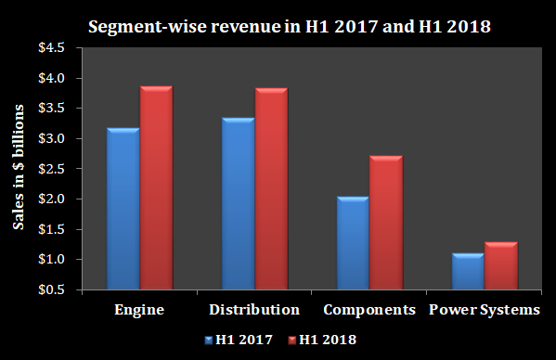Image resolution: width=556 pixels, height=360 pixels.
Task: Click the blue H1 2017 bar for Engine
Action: tap(123, 209)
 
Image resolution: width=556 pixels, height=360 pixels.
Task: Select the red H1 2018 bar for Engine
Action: tap(156, 188)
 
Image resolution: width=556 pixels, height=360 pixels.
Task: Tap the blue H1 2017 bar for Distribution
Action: tap(239, 204)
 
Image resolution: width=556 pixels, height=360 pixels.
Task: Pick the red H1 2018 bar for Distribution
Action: tap(271, 189)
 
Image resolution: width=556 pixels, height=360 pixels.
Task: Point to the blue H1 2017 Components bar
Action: tap(353, 243)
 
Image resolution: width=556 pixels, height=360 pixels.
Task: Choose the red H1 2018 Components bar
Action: tap(385, 223)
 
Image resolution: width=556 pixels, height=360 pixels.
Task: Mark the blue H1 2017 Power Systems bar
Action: tap(468, 271)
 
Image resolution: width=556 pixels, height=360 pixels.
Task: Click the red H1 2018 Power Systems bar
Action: tap(500, 265)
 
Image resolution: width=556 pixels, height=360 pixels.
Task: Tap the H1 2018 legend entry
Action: tap(322, 340)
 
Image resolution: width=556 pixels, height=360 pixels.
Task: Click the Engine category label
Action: tap(139, 309)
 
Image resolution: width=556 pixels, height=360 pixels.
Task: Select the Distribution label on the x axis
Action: tap(254, 309)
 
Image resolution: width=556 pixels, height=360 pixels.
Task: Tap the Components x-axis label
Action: tap(369, 309)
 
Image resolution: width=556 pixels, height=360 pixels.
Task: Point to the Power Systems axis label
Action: tap(484, 309)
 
